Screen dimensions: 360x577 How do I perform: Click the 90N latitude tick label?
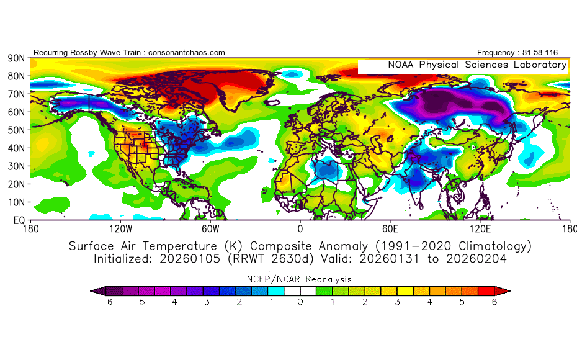coord(16,58)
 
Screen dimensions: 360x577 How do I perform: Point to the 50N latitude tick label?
coord(16,130)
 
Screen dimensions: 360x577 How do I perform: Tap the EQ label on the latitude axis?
coord(19,220)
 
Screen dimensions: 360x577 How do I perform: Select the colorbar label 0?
coord(300,302)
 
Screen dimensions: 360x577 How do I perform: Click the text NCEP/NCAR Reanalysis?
coord(300,279)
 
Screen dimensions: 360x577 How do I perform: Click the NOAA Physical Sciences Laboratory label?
coord(477,65)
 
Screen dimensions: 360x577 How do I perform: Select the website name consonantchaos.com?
coord(186,53)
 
